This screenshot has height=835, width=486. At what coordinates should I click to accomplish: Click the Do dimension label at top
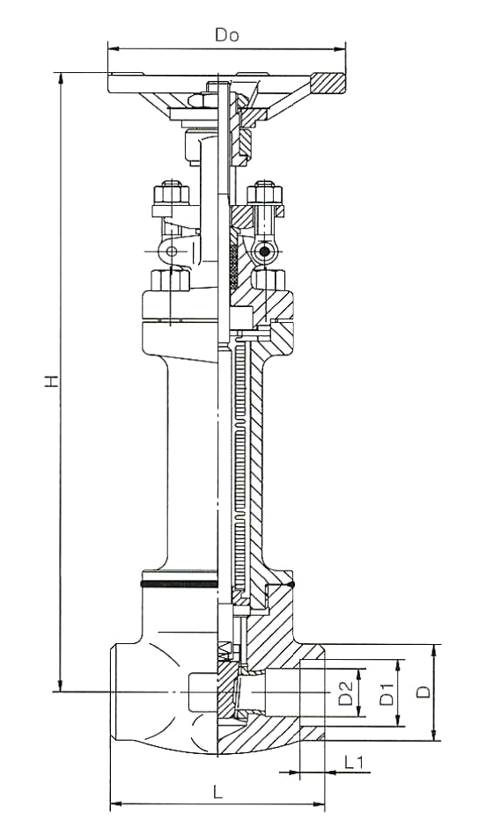tap(227, 35)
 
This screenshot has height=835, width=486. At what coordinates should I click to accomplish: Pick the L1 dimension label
tap(354, 763)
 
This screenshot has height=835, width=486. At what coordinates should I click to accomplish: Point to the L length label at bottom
tap(217, 793)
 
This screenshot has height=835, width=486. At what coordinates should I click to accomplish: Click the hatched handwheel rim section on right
tap(328, 83)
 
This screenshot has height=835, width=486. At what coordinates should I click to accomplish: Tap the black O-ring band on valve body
tap(180, 584)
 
